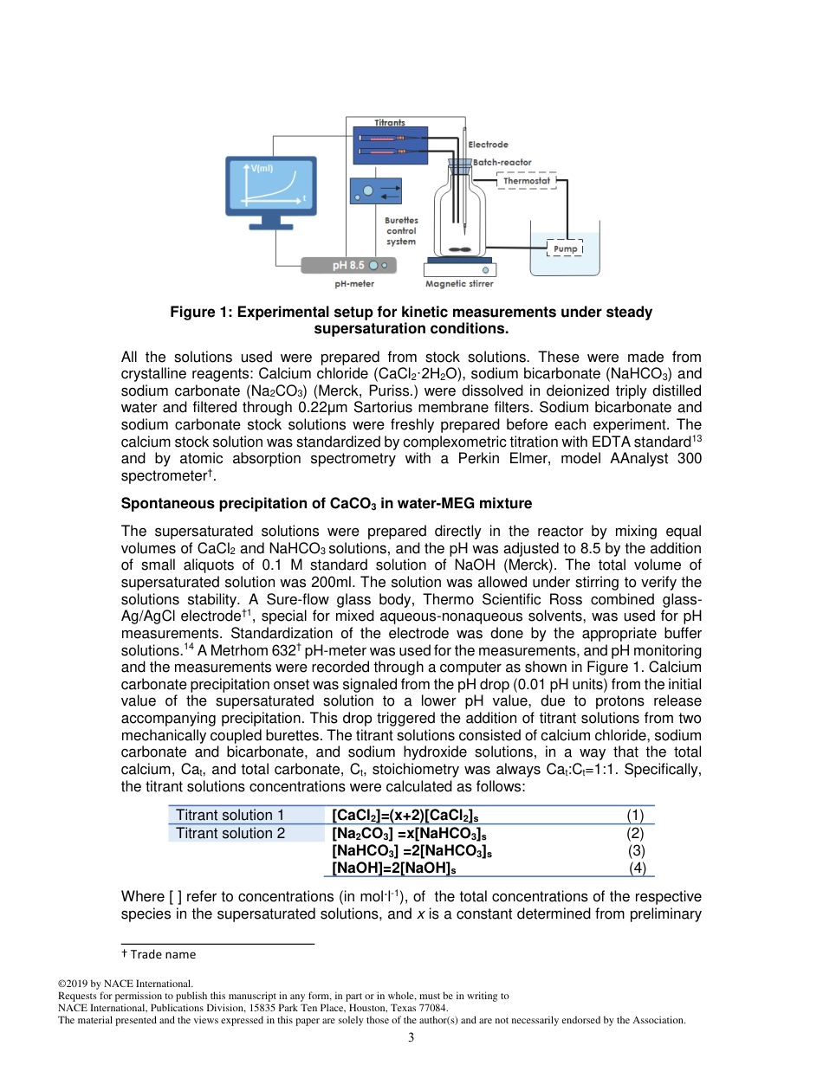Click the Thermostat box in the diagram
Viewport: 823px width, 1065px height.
coord(527,181)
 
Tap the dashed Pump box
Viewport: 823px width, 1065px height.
coord(565,249)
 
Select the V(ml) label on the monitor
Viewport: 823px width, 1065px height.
coord(262,168)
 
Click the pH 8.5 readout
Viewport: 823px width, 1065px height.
coord(349,265)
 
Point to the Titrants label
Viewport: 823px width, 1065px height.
coord(389,123)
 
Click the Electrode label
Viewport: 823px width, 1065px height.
coord(488,145)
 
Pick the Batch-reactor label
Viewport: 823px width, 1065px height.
coord(502,162)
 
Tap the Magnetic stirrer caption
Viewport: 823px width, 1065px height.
coord(459,283)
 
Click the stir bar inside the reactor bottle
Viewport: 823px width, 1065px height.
coord(459,248)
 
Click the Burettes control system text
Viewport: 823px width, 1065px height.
coord(401,231)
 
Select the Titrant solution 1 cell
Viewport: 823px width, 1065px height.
coord(230,815)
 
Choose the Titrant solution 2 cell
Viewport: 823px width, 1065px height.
coord(230,833)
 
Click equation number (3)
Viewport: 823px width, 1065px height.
coord(636,851)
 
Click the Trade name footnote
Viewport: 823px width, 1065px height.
coord(159,954)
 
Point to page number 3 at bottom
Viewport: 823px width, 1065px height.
coord(411,1037)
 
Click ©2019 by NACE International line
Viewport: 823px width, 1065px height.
coord(125,984)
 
